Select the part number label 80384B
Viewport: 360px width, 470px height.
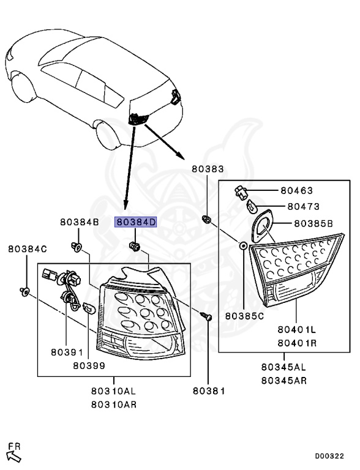(79, 223)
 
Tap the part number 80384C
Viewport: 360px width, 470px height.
(28, 250)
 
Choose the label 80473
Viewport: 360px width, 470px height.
(304, 207)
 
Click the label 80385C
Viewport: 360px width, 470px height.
(244, 316)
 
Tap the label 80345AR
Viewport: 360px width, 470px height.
(283, 380)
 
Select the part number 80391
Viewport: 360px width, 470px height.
(66, 353)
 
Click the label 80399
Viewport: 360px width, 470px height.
(89, 365)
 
